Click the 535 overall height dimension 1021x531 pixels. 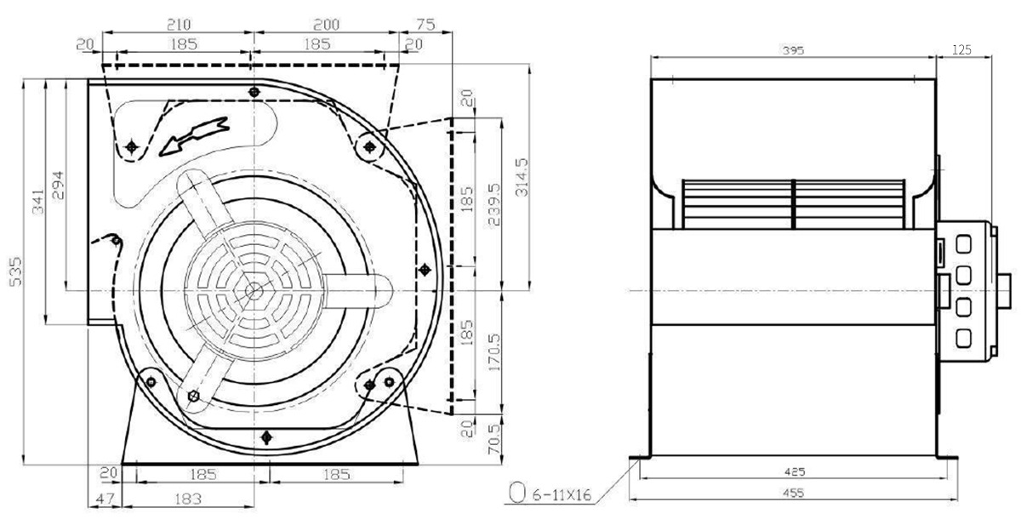pyautogui.click(x=15, y=271)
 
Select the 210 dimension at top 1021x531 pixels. pyautogui.click(x=179, y=24)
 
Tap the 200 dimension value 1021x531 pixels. pyautogui.click(x=327, y=24)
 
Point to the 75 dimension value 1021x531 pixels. pyautogui.click(x=425, y=24)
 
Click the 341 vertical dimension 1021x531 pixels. pyautogui.click(x=38, y=202)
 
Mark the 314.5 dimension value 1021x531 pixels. pyautogui.click(x=522, y=177)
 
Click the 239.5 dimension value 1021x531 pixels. pyautogui.click(x=494, y=204)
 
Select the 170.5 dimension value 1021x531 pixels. pyautogui.click(x=494, y=352)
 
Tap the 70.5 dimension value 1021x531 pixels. pyautogui.click(x=494, y=439)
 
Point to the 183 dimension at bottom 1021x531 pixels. pyautogui.click(x=188, y=500)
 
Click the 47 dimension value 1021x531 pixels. pyautogui.click(x=106, y=500)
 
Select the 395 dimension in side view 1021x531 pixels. pyautogui.click(x=793, y=50)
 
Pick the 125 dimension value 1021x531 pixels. pyautogui.click(x=961, y=49)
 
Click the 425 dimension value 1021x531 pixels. pyautogui.click(x=795, y=471)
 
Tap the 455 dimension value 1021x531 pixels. pyautogui.click(x=794, y=493)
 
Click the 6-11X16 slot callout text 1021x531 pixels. pyautogui.click(x=562, y=494)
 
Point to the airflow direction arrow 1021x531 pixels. pyautogui.click(x=194, y=136)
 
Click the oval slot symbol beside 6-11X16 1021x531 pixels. pyautogui.click(x=516, y=493)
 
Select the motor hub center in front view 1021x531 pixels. pyautogui.click(x=254, y=290)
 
